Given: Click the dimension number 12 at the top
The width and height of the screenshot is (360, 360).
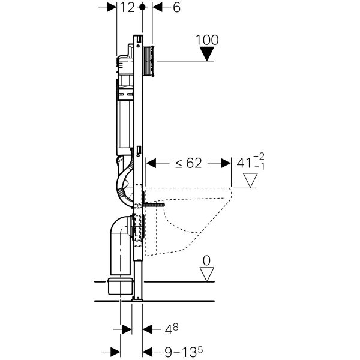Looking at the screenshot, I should tap(126, 8).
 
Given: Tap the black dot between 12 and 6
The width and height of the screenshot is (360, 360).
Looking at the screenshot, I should tap(142, 8).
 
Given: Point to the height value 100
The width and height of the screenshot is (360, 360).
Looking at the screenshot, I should tap(207, 41).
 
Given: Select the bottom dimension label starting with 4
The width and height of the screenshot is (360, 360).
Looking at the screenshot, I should tap(170, 329).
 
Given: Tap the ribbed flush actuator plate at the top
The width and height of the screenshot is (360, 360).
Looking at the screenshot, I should tap(148, 59).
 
